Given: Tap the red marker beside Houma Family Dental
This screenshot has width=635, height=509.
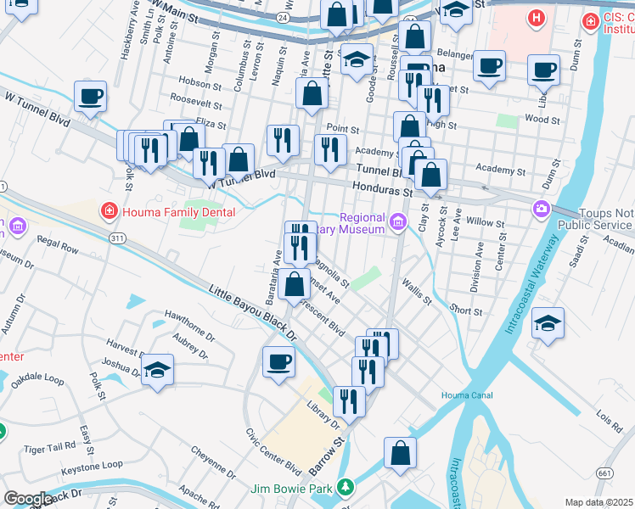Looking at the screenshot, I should coord(109,210).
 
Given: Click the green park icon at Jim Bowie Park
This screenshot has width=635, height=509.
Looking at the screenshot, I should coord(345,487).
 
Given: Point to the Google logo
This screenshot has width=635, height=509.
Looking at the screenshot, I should coord(28,500).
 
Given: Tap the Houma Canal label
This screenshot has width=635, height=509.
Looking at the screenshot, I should coord(466,395).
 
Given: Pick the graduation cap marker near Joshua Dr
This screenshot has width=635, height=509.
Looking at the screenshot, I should coord(158,370).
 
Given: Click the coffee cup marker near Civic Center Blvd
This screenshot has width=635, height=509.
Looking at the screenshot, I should coord(278,362).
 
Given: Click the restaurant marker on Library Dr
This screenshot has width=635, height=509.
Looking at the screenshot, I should coord(349,400).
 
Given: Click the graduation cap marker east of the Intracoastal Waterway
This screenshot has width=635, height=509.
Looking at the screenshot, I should coord(548,323).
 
